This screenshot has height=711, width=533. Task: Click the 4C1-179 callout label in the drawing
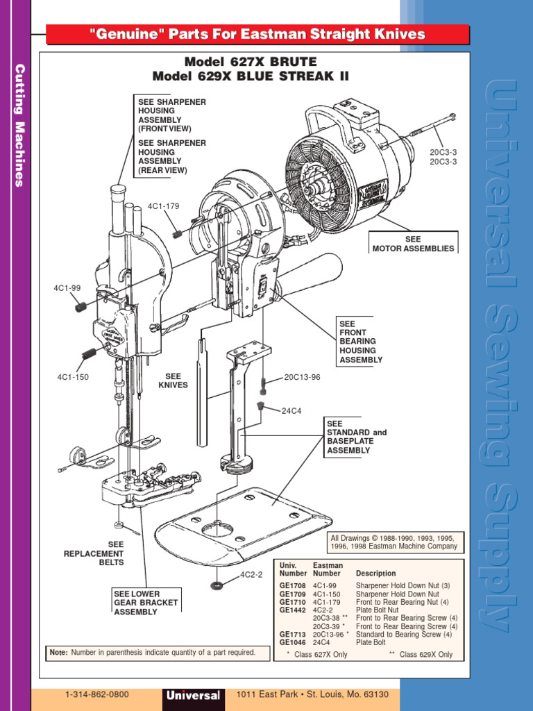pyautogui.click(x=163, y=206)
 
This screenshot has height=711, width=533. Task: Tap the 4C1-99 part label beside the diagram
pyautogui.click(x=67, y=287)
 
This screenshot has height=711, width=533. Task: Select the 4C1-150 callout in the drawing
pyautogui.click(x=72, y=377)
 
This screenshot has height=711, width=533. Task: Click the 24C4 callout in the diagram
pyautogui.click(x=291, y=410)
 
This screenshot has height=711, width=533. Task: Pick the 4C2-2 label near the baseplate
pyautogui.click(x=251, y=576)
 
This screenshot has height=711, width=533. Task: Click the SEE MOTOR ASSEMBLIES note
pyautogui.click(x=413, y=244)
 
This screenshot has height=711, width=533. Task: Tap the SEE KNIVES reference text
pyautogui.click(x=173, y=380)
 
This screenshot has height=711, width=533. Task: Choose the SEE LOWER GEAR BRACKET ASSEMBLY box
pyautogui.click(x=146, y=603)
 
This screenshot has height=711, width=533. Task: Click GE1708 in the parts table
pyautogui.click(x=292, y=586)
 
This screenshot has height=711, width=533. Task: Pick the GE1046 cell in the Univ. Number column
pyautogui.click(x=292, y=643)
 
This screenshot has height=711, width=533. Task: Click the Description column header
pyautogui.click(x=375, y=574)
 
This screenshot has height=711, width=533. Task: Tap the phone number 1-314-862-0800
pyautogui.click(x=96, y=694)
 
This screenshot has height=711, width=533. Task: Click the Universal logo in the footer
pyautogui.click(x=193, y=696)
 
